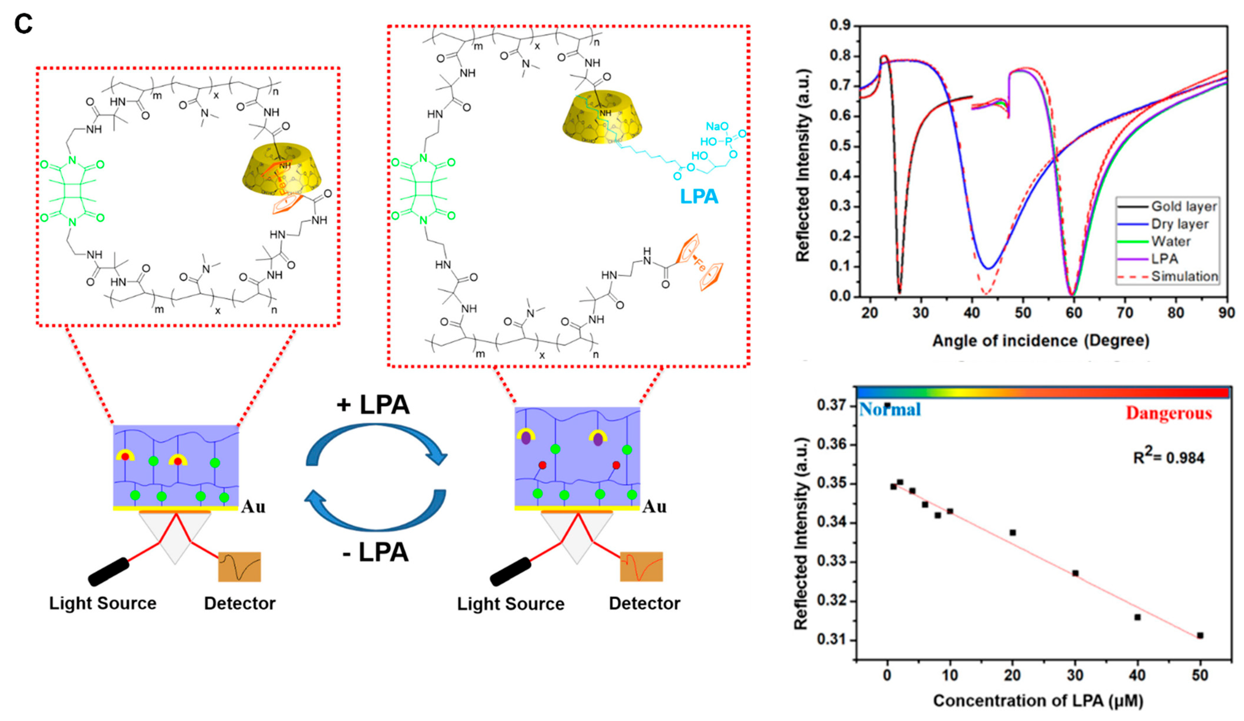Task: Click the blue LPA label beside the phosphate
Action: (x=699, y=196)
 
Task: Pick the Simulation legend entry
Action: (x=1184, y=276)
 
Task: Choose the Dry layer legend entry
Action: (x=1180, y=224)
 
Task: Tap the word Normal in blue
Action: (x=890, y=410)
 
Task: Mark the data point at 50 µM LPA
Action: (x=1200, y=635)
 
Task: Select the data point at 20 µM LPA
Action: (x=1012, y=533)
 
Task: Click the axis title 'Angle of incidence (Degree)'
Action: (x=1041, y=341)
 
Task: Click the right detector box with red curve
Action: (x=641, y=567)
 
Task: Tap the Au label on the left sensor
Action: (x=253, y=507)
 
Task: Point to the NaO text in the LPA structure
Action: (x=717, y=127)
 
